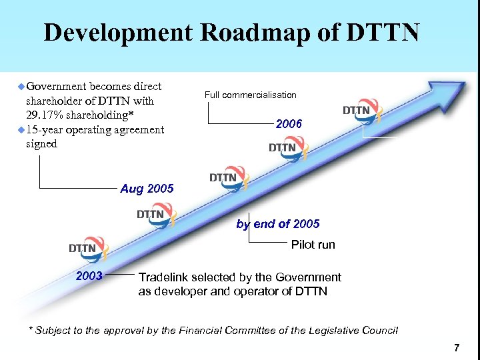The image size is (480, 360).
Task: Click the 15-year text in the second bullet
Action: point(41,129)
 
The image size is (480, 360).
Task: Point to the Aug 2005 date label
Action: point(147,189)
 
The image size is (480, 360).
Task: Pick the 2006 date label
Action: point(289,124)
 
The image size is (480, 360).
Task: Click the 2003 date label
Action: point(89,275)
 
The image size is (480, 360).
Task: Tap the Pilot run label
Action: point(313,245)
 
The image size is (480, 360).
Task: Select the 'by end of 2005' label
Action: point(278,224)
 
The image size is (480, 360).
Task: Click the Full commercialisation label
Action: point(251,95)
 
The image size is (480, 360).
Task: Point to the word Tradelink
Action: point(165,277)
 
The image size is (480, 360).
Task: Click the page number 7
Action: point(456,347)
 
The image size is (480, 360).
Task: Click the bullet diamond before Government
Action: point(21,87)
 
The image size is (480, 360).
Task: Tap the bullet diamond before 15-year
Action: point(21,129)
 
